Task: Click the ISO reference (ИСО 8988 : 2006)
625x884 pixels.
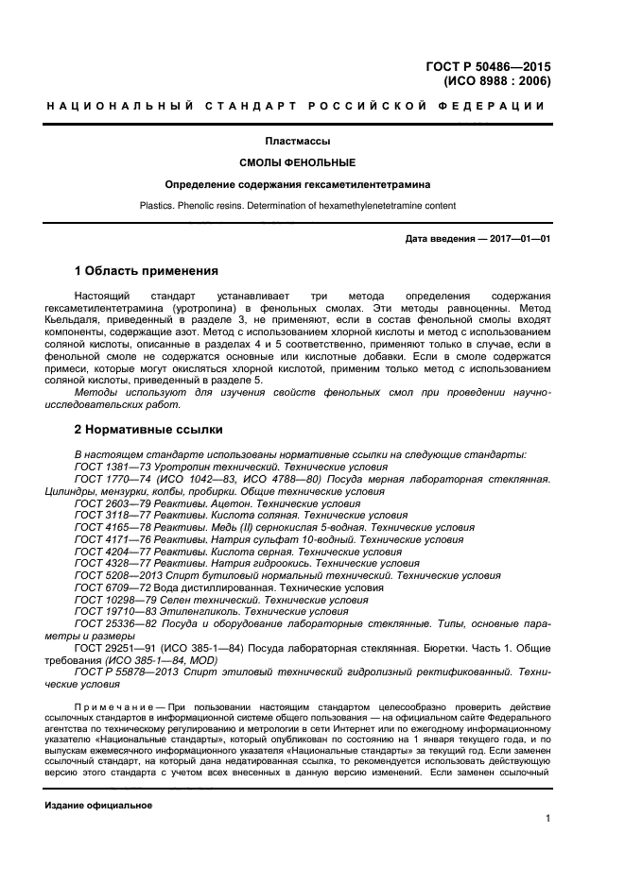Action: click(497, 81)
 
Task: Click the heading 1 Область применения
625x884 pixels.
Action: click(147, 271)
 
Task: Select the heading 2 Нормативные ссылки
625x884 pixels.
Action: click(148, 430)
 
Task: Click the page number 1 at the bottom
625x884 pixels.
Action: click(547, 820)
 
